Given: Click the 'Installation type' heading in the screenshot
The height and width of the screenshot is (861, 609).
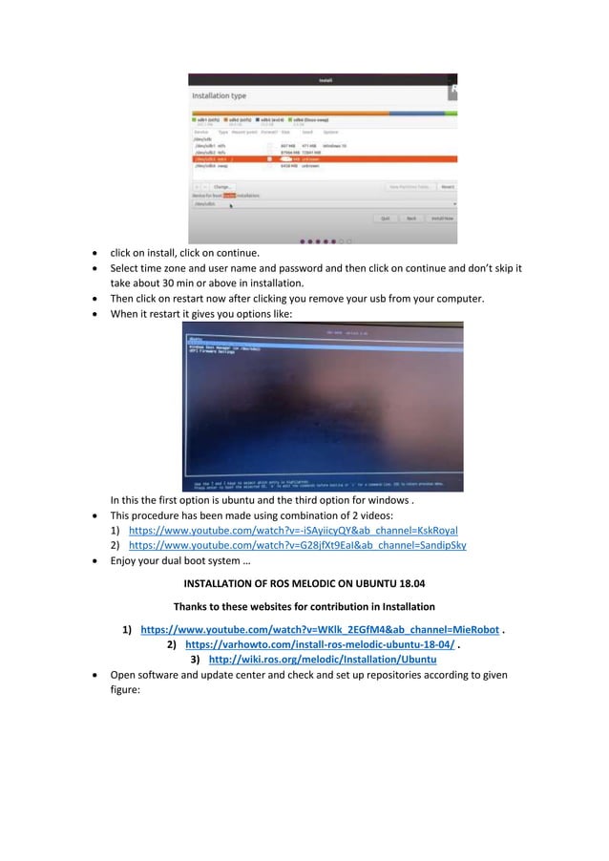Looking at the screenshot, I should tap(219, 95).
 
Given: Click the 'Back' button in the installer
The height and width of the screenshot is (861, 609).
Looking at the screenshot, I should tap(411, 218).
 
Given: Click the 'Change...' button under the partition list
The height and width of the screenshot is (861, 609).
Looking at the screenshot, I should tap(221, 187).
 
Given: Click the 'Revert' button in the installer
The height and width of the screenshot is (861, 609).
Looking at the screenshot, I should tap(448, 187).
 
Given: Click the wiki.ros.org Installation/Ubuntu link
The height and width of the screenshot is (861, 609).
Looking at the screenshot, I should tap(322, 660).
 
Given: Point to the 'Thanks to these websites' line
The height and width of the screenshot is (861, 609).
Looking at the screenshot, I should tap(304, 606).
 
